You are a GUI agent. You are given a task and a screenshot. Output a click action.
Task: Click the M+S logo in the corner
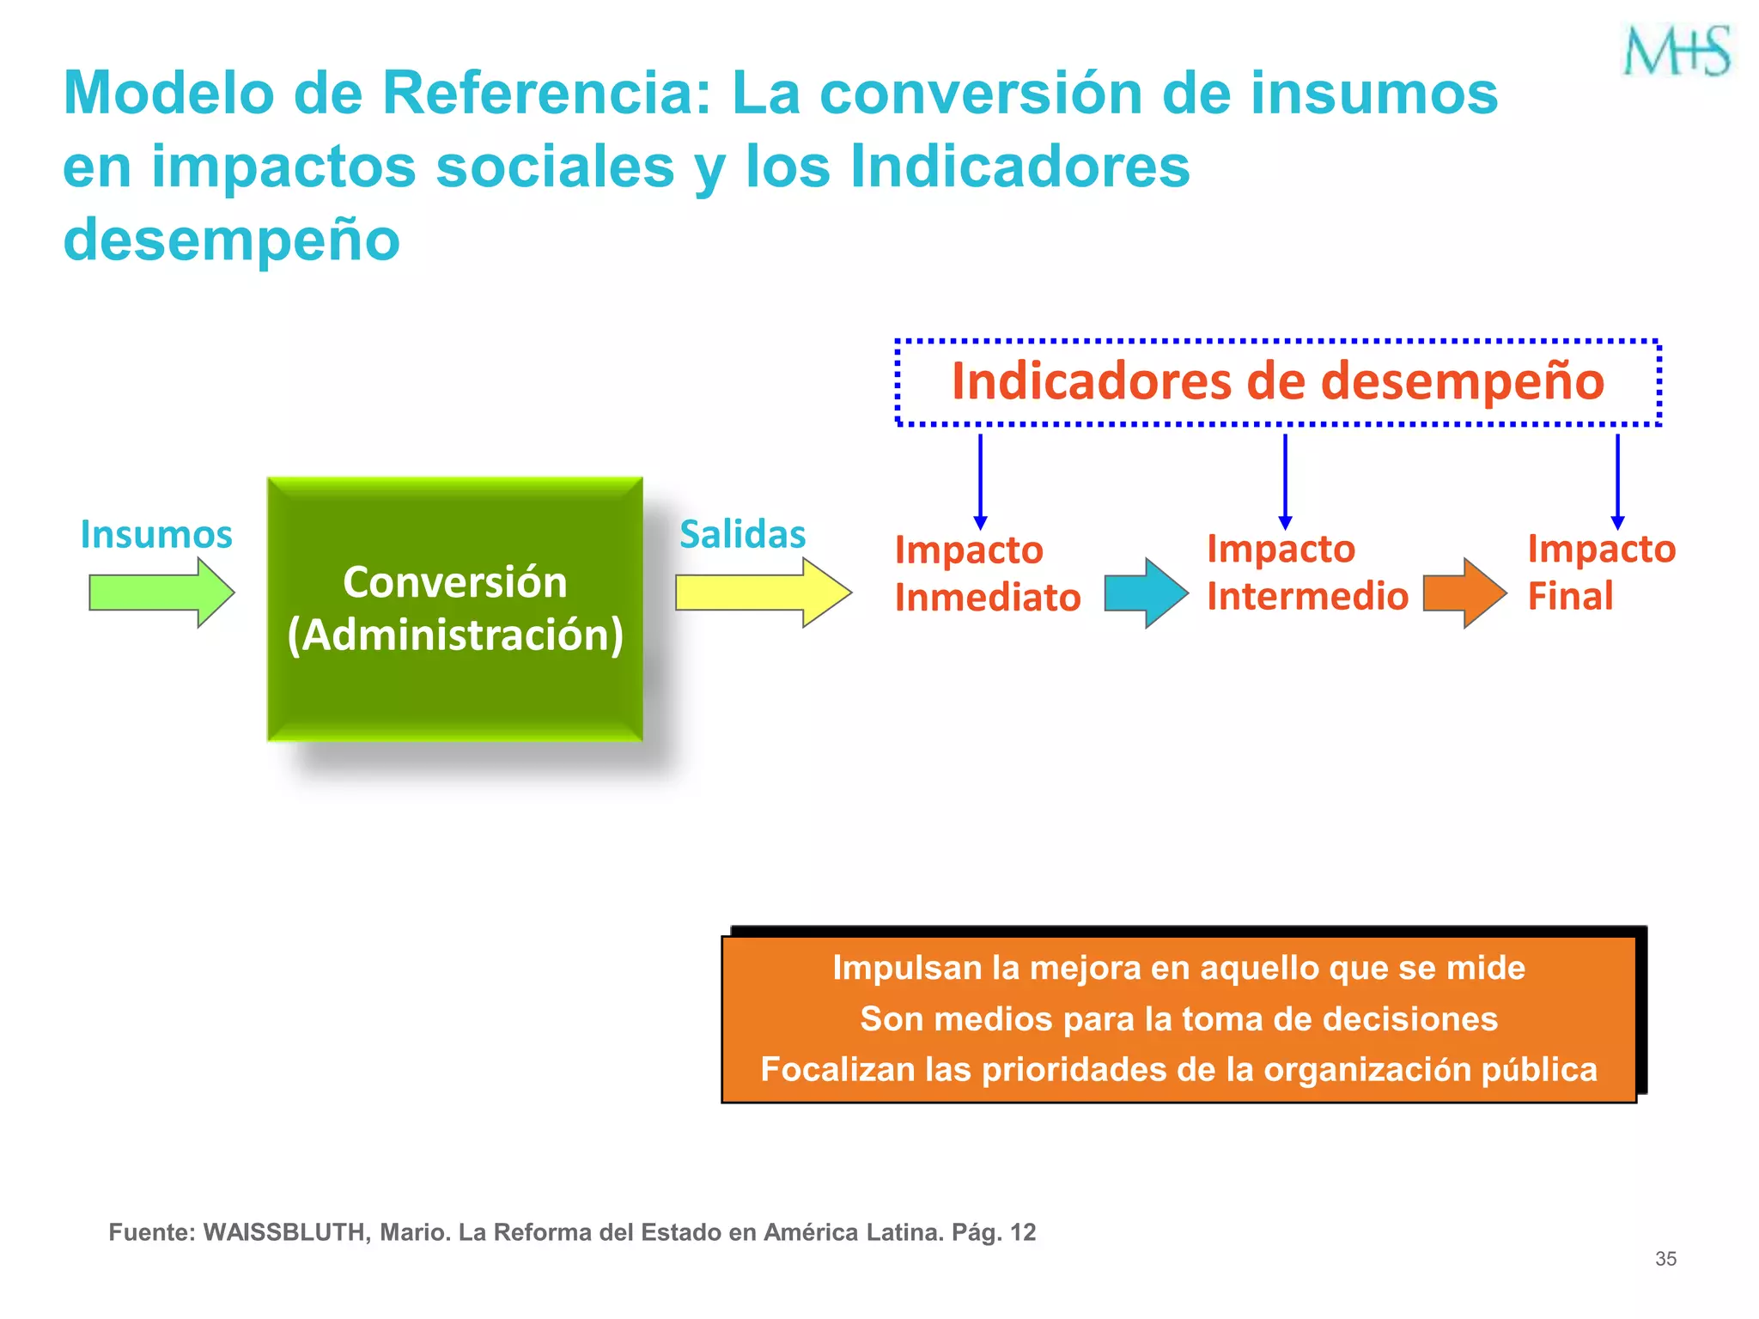tap(1677, 51)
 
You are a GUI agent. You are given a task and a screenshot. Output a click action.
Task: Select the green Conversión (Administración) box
tap(455, 609)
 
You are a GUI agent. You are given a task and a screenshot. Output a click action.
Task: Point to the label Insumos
tap(156, 534)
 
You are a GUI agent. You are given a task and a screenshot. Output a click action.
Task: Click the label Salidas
tap(743, 534)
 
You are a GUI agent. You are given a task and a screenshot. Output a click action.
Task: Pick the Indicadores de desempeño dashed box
tap(1278, 382)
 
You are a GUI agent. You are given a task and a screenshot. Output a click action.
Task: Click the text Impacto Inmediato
tap(988, 574)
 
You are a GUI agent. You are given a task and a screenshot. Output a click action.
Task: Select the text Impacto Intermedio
tap(1307, 573)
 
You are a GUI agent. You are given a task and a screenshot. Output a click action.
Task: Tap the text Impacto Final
tap(1601, 573)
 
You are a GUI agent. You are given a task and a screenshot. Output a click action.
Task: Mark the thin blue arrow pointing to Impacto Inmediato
tap(980, 481)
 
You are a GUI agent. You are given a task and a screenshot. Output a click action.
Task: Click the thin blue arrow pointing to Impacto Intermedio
tap(1285, 481)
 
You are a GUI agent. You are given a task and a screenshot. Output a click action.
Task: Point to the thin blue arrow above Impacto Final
tap(1617, 481)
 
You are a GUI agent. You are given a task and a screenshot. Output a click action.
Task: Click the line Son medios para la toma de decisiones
tap(1179, 1019)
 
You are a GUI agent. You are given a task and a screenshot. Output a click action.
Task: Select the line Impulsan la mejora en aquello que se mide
tap(1179, 968)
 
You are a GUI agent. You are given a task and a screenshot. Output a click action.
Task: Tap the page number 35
tap(1665, 1259)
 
